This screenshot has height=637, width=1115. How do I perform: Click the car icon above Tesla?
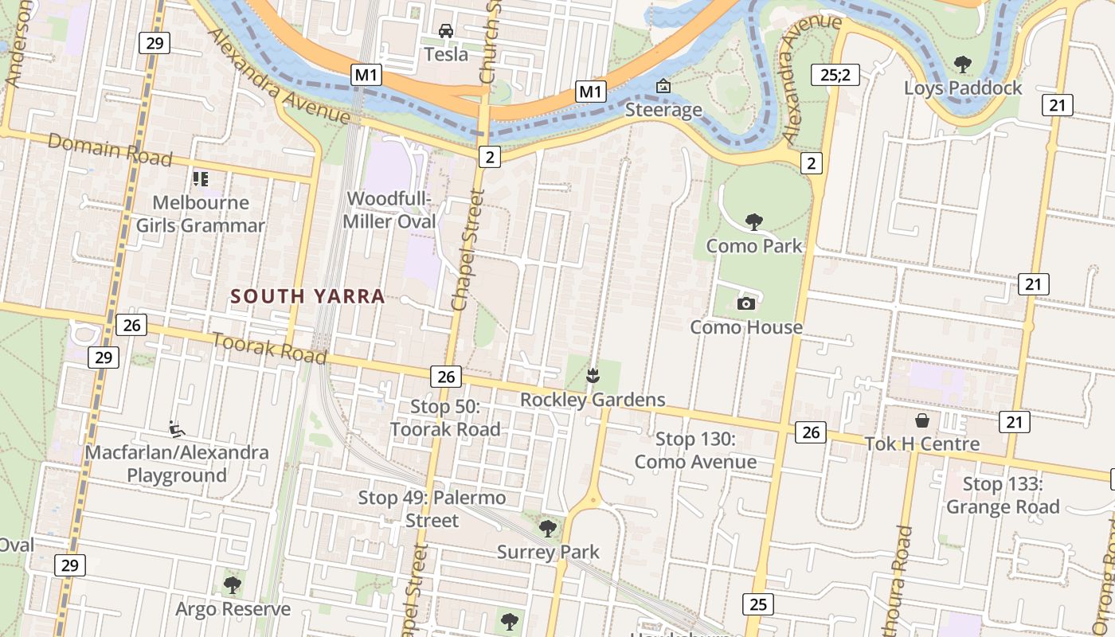tap(446, 31)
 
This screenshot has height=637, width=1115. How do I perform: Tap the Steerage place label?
tap(663, 110)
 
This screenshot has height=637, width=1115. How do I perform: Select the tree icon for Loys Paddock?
tap(962, 64)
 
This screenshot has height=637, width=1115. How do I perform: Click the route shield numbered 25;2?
tap(835, 76)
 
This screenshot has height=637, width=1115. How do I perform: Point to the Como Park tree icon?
tap(753, 222)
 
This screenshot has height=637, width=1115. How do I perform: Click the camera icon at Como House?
tap(746, 303)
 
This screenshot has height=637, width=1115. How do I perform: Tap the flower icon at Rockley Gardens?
tap(593, 375)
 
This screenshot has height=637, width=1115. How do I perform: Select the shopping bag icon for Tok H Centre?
tap(922, 420)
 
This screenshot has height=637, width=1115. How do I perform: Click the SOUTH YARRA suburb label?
tap(307, 297)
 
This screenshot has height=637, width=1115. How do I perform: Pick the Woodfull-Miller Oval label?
tap(389, 210)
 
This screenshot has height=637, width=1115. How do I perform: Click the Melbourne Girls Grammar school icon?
tap(200, 179)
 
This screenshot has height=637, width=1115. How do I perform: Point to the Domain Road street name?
tap(110, 150)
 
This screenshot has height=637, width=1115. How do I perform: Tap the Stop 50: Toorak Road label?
tap(445, 418)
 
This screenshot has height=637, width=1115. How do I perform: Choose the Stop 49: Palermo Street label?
tap(432, 510)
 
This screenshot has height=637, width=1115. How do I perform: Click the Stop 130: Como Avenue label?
tap(695, 451)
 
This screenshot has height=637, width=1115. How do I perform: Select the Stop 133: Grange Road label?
tap(1003, 495)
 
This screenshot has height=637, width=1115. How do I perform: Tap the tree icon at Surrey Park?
tap(547, 528)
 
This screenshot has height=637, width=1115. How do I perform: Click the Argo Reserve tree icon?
tap(233, 586)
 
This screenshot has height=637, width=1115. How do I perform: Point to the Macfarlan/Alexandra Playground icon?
tap(177, 429)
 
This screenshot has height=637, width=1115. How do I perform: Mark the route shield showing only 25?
tap(757, 604)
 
